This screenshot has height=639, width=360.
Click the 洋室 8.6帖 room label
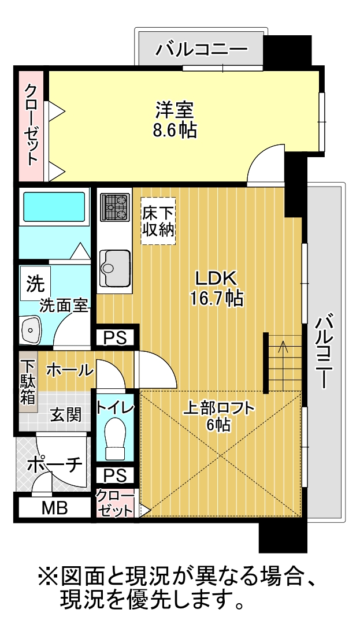[175, 120]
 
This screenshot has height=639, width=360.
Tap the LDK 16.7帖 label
[216, 288]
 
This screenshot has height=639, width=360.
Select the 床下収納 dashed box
[158, 221]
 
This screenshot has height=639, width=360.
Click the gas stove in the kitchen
[115, 207]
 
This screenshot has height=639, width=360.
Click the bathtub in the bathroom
[54, 206]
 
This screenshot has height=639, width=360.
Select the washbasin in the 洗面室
[31, 329]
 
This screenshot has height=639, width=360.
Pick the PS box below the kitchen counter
[115, 337]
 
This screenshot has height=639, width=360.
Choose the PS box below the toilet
[114, 475]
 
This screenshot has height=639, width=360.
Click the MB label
[55, 508]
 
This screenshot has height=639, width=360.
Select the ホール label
[69, 370]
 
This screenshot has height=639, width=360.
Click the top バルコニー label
[202, 50]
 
